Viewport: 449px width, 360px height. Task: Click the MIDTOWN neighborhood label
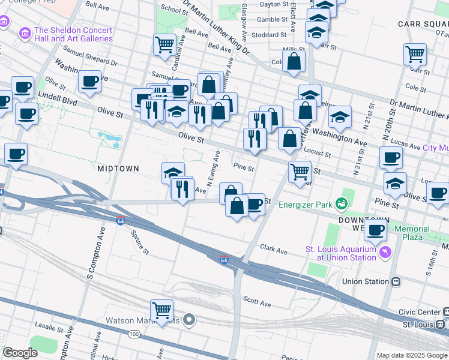pyautogui.click(x=118, y=169)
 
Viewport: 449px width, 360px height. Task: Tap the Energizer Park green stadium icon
pyautogui.click(x=342, y=205)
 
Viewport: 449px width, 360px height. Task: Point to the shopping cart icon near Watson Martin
pyautogui.click(x=161, y=310)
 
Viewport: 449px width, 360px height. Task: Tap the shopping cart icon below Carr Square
pyautogui.click(x=415, y=55)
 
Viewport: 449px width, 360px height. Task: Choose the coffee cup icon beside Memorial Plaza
pyautogui.click(x=376, y=230)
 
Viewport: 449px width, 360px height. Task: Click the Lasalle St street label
pyautogui.click(x=50, y=329)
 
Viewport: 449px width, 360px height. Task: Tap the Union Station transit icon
pyautogui.click(x=396, y=281)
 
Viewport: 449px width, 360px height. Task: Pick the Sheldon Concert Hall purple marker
pyautogui.click(x=25, y=31)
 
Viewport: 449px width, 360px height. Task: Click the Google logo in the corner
pyautogui.click(x=20, y=353)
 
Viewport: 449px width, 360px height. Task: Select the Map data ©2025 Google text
pyautogui.click(x=411, y=355)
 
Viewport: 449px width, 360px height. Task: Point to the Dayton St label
pyautogui.click(x=274, y=4)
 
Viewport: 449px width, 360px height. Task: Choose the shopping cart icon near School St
pyautogui.click(x=164, y=44)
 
